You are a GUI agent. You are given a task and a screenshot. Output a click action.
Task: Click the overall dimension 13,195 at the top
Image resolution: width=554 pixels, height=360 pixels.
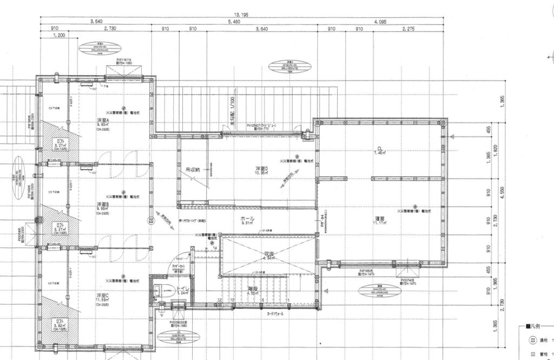[241, 15]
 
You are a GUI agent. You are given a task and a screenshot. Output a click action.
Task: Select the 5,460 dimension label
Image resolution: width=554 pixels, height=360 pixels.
[234, 22]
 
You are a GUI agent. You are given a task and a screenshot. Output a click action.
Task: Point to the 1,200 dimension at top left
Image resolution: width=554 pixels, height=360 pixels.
[60, 36]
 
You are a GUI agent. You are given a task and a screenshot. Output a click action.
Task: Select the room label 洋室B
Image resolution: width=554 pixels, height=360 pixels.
[103, 204]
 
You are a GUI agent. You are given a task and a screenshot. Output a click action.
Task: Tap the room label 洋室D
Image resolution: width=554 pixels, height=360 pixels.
[262, 169]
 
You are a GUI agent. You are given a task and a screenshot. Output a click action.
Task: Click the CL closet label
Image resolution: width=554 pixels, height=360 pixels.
[380, 149]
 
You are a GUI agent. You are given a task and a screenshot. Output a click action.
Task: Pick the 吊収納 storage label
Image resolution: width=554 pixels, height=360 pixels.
[193, 170]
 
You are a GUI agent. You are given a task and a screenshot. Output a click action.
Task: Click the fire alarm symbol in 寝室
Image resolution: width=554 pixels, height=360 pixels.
[415, 205]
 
